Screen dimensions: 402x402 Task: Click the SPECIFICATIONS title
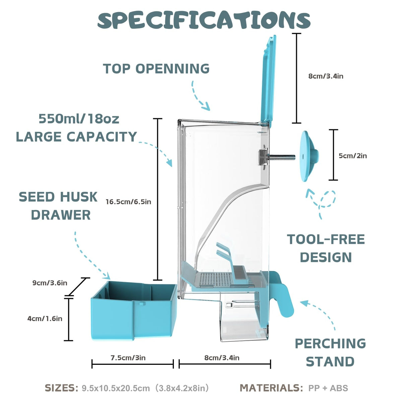click(204, 20)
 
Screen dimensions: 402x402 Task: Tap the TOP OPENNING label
click(156, 68)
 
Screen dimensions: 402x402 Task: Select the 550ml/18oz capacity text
click(79, 119)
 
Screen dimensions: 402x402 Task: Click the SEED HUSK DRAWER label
click(58, 206)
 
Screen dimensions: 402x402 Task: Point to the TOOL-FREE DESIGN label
click(326, 248)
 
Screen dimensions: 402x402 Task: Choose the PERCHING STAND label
click(330, 352)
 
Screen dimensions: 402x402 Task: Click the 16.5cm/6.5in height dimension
click(128, 202)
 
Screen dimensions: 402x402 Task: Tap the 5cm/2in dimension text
click(352, 156)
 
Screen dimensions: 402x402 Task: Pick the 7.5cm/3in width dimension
click(128, 358)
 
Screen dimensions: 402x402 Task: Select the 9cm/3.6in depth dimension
click(50, 283)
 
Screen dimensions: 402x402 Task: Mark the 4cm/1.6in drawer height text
click(45, 319)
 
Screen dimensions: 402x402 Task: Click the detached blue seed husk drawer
click(133, 311)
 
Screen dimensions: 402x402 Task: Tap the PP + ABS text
click(328, 388)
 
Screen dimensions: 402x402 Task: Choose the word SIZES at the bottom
click(61, 388)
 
